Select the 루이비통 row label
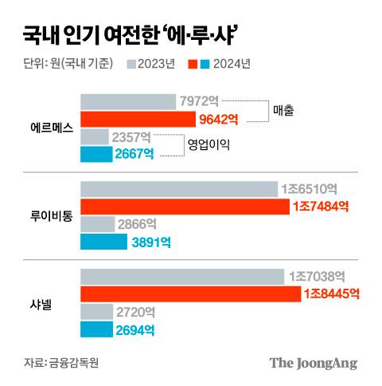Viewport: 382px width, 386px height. [x=49, y=215]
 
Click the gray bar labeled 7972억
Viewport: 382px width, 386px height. [x=128, y=101]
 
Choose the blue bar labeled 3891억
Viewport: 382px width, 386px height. [x=103, y=242]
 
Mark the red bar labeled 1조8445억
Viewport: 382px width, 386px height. [x=190, y=293]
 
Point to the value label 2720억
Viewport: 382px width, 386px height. [x=136, y=311]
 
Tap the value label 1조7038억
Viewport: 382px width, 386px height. [x=318, y=276]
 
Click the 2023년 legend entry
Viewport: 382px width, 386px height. [x=151, y=64]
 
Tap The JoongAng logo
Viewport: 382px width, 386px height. [x=313, y=363]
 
